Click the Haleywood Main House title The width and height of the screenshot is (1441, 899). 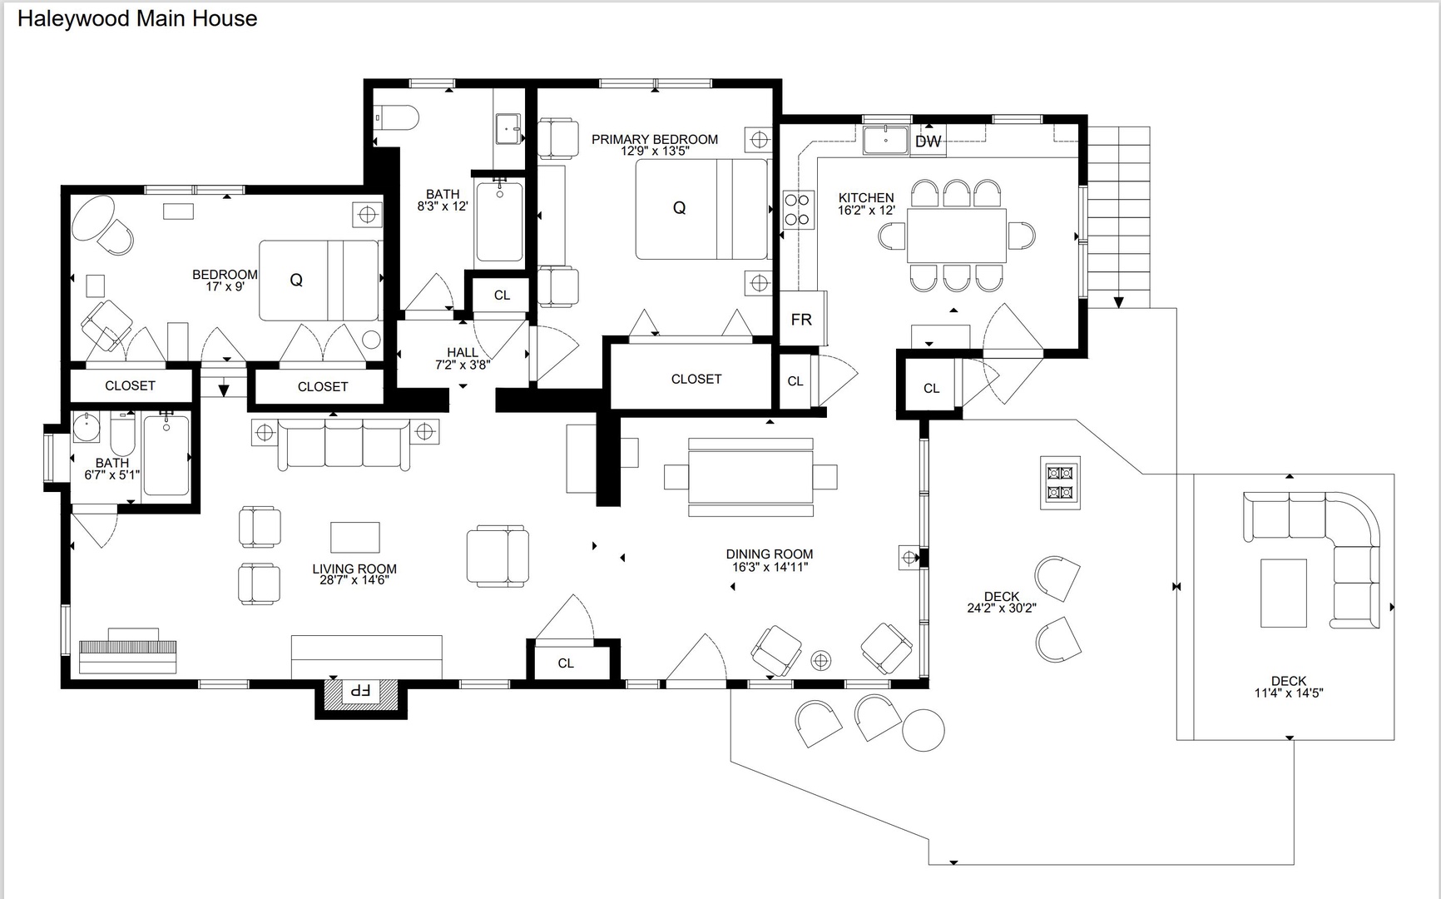pyautogui.click(x=137, y=19)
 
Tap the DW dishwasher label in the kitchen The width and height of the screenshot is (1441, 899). pyautogui.click(x=928, y=142)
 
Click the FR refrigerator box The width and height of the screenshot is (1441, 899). pyautogui.click(x=802, y=318)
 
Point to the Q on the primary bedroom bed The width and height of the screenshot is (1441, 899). pyautogui.click(x=679, y=208)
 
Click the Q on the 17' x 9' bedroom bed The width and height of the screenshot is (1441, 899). pyautogui.click(x=296, y=280)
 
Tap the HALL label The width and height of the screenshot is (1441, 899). pyautogui.click(x=463, y=352)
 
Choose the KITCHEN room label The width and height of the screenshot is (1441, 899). pyautogui.click(x=866, y=197)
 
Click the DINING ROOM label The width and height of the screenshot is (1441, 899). pyautogui.click(x=770, y=554)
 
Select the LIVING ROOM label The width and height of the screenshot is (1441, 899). pyautogui.click(x=354, y=569)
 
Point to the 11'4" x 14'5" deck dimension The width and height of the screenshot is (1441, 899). pyautogui.click(x=1289, y=693)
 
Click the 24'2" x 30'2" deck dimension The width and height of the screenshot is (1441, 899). pyautogui.click(x=1002, y=608)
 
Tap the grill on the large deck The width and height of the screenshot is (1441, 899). pyautogui.click(x=1060, y=483)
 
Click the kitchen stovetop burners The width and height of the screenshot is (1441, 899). pyautogui.click(x=797, y=210)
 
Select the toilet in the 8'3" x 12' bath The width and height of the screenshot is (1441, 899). pyautogui.click(x=396, y=117)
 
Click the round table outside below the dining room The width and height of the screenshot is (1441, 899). pyautogui.click(x=924, y=730)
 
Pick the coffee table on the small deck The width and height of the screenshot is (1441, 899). pyautogui.click(x=1284, y=593)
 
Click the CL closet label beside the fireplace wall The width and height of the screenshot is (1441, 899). pyautogui.click(x=566, y=663)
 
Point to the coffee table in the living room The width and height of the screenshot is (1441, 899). pyautogui.click(x=355, y=538)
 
